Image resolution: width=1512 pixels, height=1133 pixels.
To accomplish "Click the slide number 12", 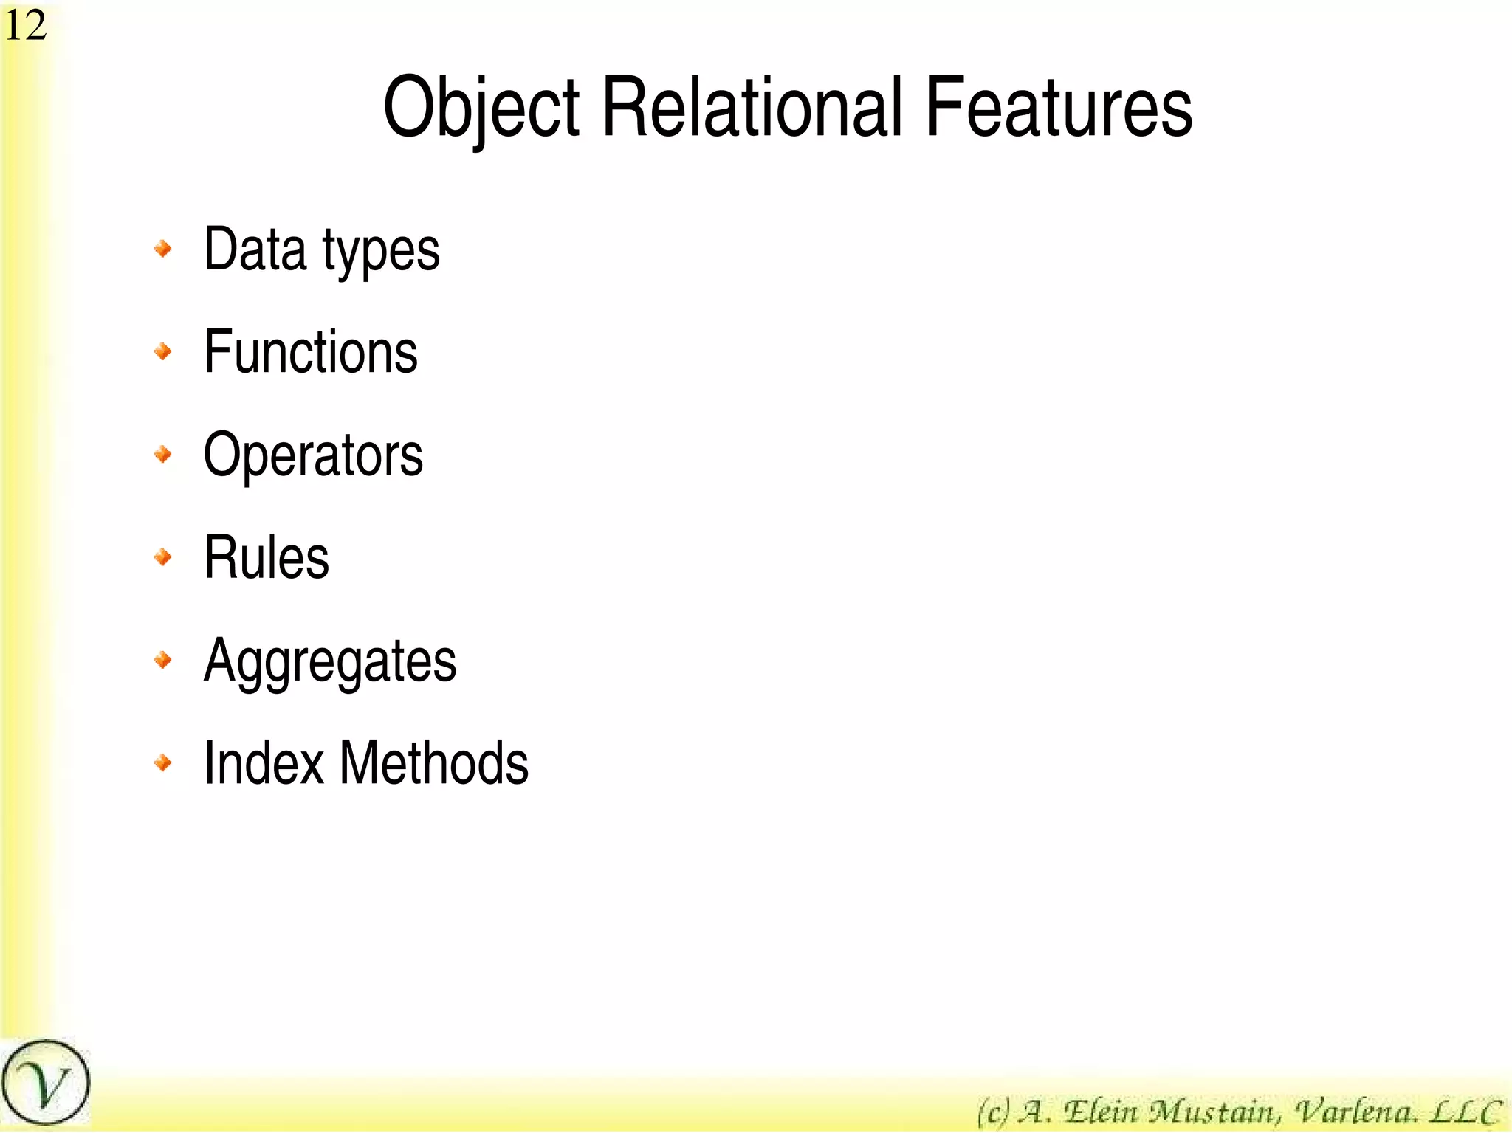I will coord(26,26).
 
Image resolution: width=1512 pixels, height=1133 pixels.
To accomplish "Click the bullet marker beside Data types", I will coord(163,249).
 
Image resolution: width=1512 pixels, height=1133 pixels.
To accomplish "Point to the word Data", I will coord(255,249).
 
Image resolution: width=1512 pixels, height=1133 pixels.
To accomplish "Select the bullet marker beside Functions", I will coord(163,351).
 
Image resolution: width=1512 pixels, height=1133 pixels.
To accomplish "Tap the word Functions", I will coord(311,352).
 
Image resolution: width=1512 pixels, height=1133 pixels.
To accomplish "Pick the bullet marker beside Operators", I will coord(163,454).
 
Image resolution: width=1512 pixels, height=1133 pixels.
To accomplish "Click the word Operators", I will coord(313,455).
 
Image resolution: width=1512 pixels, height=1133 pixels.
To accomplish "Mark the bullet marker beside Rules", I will coord(163,557).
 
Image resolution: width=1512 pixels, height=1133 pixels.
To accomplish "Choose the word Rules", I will coord(267,557).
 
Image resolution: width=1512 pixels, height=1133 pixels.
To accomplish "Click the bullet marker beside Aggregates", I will coord(163,659).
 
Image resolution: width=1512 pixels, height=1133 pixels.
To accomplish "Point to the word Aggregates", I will coord(330,662).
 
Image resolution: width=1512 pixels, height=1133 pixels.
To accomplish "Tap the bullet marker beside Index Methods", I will coord(163,762).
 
